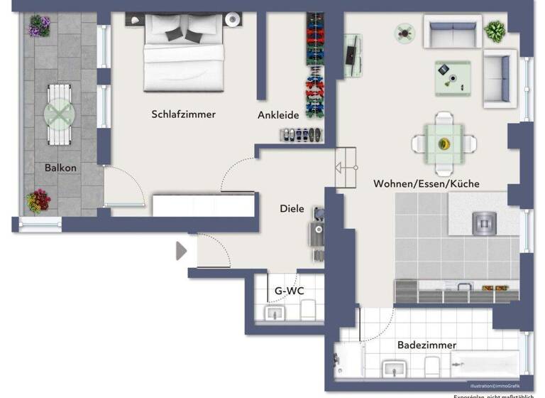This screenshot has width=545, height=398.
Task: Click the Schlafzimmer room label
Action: coord(183,114)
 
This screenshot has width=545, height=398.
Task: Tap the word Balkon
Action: coord(60,168)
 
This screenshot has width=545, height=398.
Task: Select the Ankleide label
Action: coord(278,114)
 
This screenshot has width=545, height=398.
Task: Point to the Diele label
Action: coord(292,209)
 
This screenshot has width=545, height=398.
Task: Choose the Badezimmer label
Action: coord(426,345)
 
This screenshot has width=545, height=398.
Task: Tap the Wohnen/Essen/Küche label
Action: coord(426,183)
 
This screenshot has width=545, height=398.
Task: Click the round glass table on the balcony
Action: coord(59,114)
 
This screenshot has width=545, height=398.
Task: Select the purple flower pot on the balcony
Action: coord(40,26)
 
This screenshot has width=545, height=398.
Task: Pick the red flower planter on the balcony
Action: coord(38,200)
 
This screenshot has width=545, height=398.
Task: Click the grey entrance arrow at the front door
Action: coord(181,251)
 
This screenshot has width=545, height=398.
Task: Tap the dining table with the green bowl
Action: coord(444,144)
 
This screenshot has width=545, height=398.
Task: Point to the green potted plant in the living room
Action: coord(495,31)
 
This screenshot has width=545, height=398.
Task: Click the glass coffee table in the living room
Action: coord(452,77)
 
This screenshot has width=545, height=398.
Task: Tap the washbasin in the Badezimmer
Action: coord(392,368)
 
